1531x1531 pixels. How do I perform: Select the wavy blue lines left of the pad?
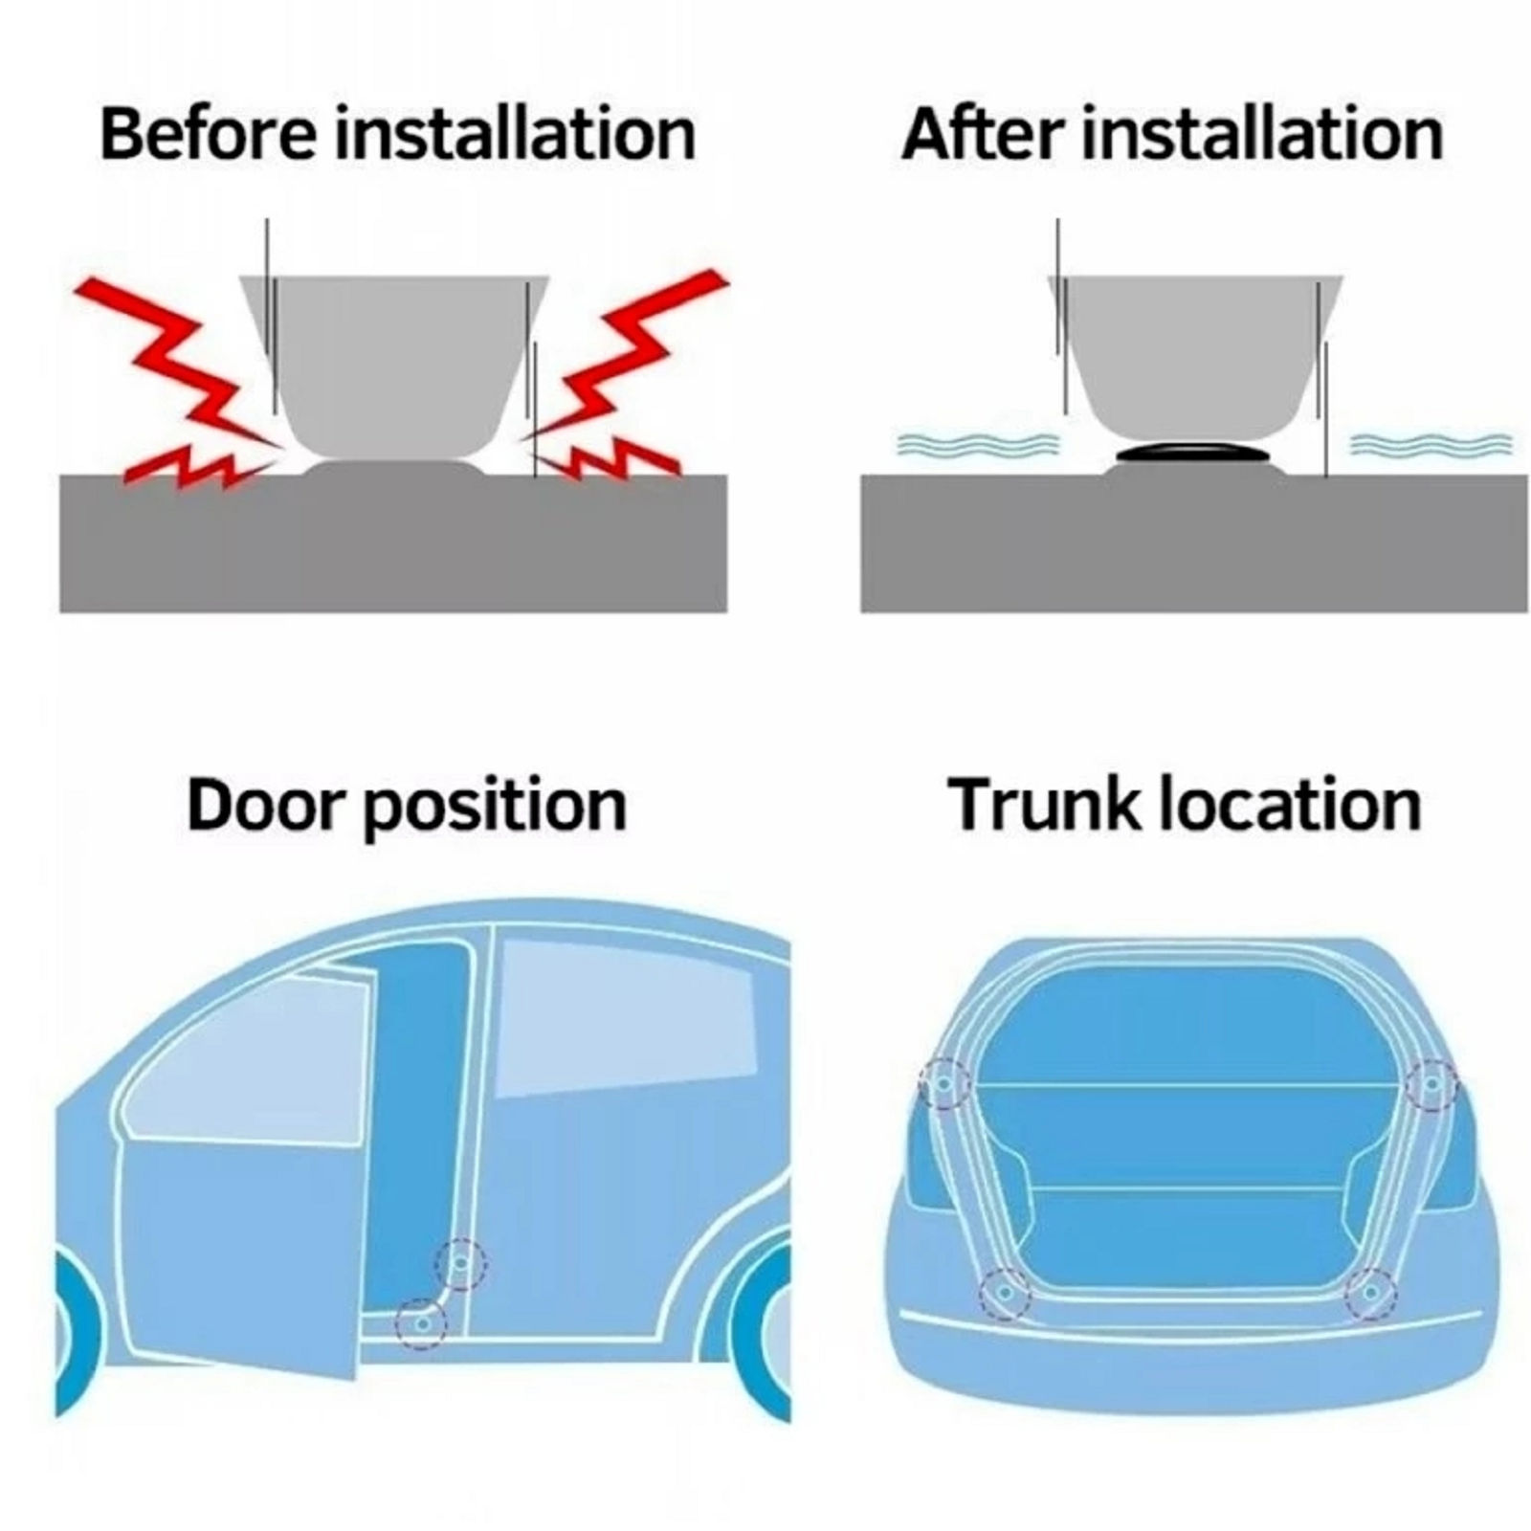click(978, 444)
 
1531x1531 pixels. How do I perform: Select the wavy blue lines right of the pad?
click(1431, 444)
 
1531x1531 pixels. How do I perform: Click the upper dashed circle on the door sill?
click(461, 1264)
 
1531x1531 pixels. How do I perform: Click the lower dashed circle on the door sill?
click(421, 1324)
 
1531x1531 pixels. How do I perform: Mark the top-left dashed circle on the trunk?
click(944, 1084)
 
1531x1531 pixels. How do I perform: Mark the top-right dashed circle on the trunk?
click(1431, 1084)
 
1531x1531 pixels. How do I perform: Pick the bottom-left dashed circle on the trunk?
click(1005, 1294)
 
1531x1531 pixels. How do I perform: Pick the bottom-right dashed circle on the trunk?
click(1370, 1294)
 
